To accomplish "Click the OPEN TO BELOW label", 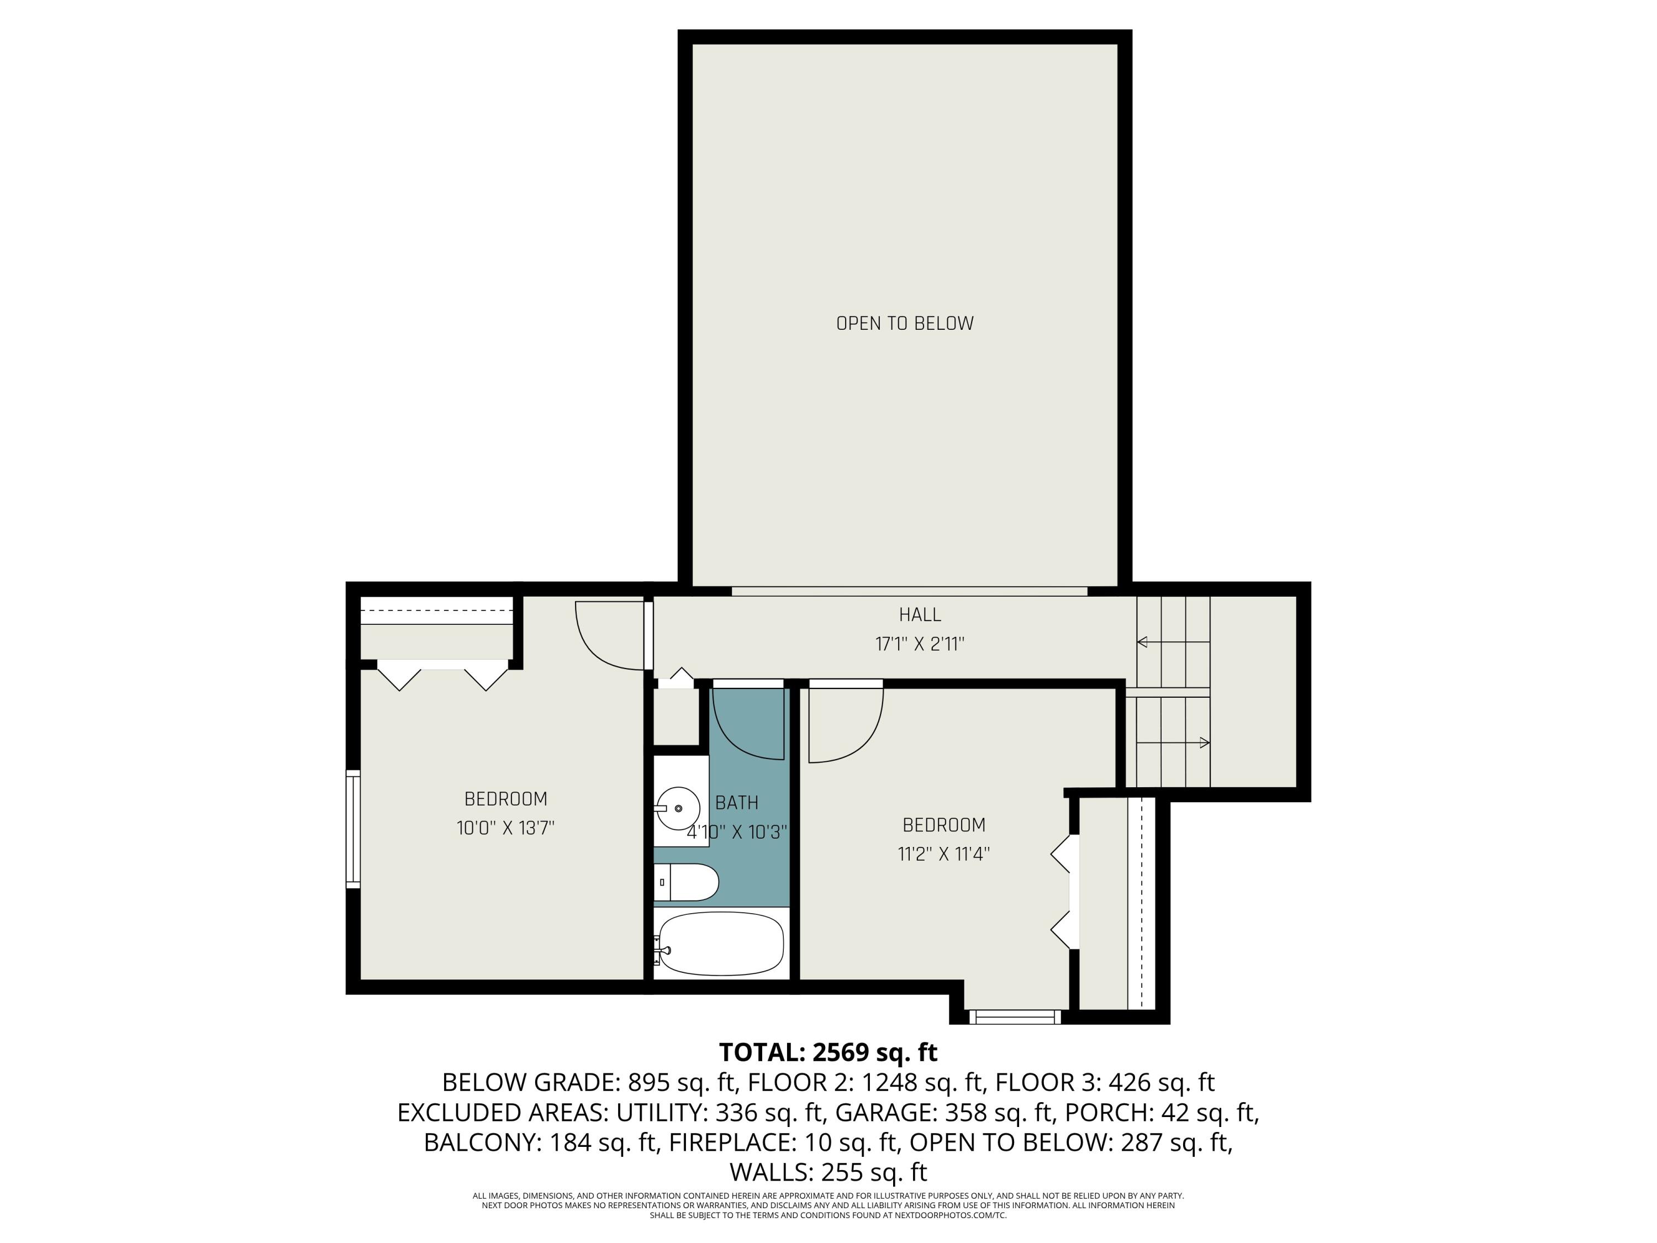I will tap(904, 324).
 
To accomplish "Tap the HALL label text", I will tap(919, 614).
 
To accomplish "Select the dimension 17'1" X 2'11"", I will tap(919, 644).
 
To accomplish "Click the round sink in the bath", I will tap(678, 808).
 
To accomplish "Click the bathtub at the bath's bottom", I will tap(721, 944).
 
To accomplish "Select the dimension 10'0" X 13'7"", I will tap(505, 828).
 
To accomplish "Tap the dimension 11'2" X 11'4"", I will tap(943, 854).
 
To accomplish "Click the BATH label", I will tap(736, 803).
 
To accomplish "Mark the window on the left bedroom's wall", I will tap(353, 829).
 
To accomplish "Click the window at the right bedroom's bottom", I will tap(1015, 1016).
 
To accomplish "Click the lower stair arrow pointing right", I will tap(1204, 742).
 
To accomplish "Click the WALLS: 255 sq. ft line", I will tap(828, 1172).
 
